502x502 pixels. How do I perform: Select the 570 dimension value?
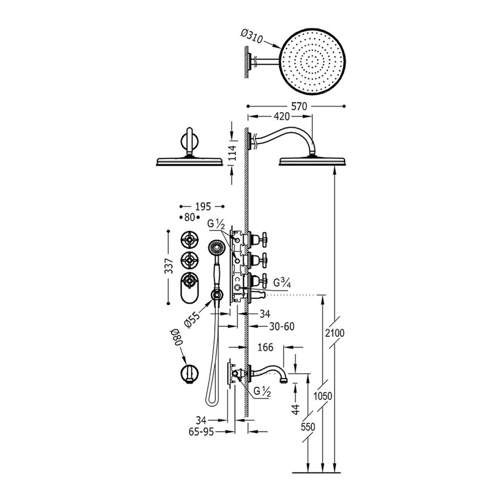coord(296,105)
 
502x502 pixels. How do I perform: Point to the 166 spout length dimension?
coord(266,347)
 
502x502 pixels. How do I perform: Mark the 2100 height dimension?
coord(337,333)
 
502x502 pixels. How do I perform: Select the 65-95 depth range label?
coord(201,431)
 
